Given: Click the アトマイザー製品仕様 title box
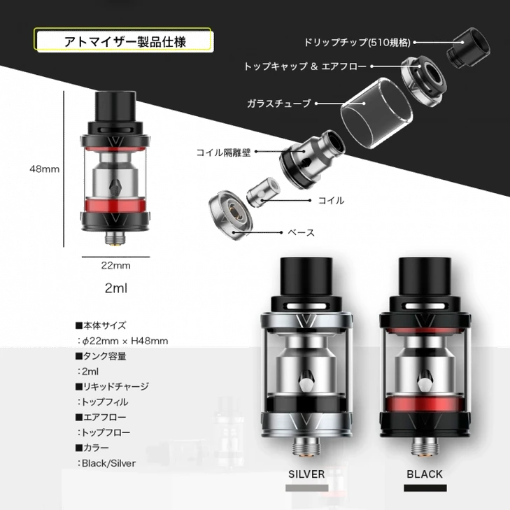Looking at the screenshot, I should point(122,40).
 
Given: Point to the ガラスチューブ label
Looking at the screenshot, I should point(278,104).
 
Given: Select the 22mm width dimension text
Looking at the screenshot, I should point(116,265).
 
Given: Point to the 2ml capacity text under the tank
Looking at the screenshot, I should point(116,288).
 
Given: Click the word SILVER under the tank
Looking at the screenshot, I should point(306,474).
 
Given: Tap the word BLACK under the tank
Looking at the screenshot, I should point(424,474).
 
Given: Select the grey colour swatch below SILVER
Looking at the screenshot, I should point(306,487).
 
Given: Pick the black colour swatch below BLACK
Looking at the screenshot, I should point(424,487).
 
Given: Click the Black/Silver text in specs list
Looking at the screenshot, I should point(108,463).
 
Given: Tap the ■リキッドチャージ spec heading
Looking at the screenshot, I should point(111,387).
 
